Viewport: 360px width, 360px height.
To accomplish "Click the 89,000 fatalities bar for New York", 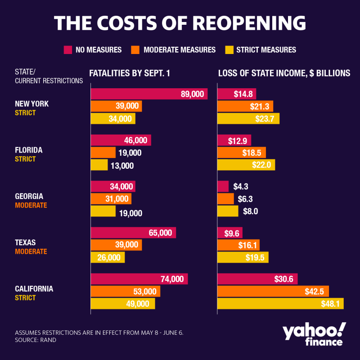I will pos(148,94).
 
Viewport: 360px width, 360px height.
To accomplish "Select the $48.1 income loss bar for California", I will pos(280,304).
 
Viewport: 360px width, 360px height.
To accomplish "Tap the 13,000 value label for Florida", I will pos(121,166).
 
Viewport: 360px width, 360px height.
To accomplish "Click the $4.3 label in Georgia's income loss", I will pos(241,187).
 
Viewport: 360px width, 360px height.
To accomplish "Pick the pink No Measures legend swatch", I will pos(68,49).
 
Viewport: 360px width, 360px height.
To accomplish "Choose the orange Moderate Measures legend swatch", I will pos(135,49).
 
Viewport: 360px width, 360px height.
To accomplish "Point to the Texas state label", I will pos(25,243).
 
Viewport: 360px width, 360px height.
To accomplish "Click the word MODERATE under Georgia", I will pos(31,205).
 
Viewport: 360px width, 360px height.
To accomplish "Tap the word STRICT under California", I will pos(25,298).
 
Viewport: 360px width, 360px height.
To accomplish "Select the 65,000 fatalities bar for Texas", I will pos(133,233).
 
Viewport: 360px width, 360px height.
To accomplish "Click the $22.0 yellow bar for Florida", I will pos(246,165).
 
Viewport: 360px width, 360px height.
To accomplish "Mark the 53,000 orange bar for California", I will pos(125,292).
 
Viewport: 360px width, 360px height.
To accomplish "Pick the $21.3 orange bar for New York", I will pos(245,106).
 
